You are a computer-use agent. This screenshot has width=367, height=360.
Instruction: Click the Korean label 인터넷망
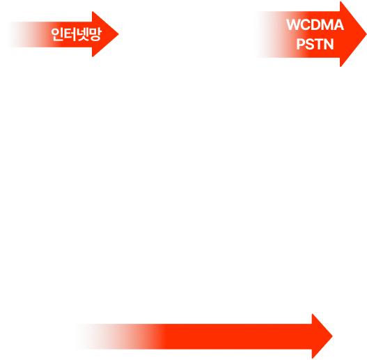point(77,34)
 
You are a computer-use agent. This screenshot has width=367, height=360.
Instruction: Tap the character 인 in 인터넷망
point(58,34)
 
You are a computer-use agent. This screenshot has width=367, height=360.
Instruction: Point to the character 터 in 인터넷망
point(70,34)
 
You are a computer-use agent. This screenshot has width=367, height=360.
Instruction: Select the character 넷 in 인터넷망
point(83,34)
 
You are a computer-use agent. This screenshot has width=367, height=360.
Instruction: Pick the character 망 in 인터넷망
point(95,34)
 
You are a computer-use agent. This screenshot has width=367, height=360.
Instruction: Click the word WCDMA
point(315,24)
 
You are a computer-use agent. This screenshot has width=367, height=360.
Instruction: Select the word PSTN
point(315,44)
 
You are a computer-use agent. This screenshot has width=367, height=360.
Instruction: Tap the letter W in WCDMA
point(293,24)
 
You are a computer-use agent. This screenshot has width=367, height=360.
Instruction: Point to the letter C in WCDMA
point(306,24)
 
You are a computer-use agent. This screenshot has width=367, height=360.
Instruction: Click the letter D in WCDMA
point(318,24)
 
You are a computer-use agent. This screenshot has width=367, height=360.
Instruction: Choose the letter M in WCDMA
point(329,24)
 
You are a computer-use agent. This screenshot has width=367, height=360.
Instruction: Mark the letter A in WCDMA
point(339,24)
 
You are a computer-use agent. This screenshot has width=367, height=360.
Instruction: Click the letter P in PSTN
point(301,44)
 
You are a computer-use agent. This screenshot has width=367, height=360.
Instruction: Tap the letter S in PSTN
point(311,44)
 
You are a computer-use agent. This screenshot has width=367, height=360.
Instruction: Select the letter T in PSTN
point(320,44)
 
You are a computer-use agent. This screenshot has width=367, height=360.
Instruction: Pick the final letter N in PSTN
point(329,44)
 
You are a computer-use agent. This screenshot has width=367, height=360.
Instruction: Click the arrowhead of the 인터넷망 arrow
point(105,34)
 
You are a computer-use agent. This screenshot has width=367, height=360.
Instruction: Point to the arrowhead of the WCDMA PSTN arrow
point(353,34)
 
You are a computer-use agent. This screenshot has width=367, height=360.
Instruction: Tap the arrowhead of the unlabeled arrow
point(322,336)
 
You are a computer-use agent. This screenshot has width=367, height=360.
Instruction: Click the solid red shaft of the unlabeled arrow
point(236,336)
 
